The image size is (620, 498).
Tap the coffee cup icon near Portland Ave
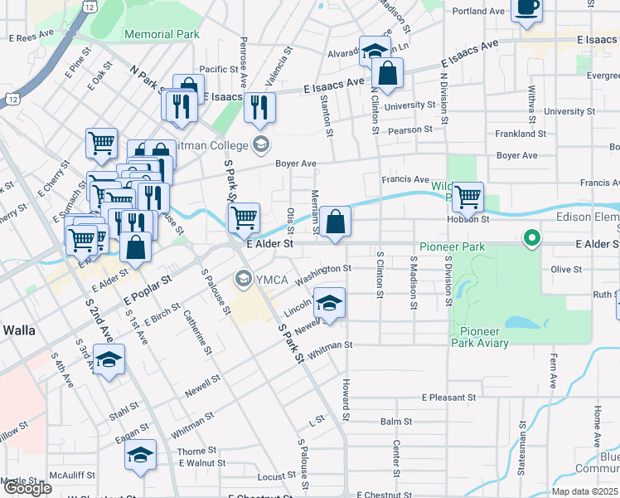point(526,8)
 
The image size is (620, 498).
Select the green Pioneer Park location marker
point(531,239)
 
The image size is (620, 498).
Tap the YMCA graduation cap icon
point(244,276)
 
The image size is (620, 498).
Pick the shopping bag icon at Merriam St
point(335,222)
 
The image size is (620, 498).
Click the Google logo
point(27,488)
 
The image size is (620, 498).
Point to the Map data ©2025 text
point(585,491)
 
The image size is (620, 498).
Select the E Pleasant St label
point(448,398)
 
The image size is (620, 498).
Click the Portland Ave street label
point(479,12)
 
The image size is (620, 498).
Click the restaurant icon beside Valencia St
point(259,106)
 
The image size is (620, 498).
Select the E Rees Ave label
point(31,38)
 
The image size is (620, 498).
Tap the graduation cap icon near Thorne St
point(140,454)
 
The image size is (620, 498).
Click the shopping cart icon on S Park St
point(244,218)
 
